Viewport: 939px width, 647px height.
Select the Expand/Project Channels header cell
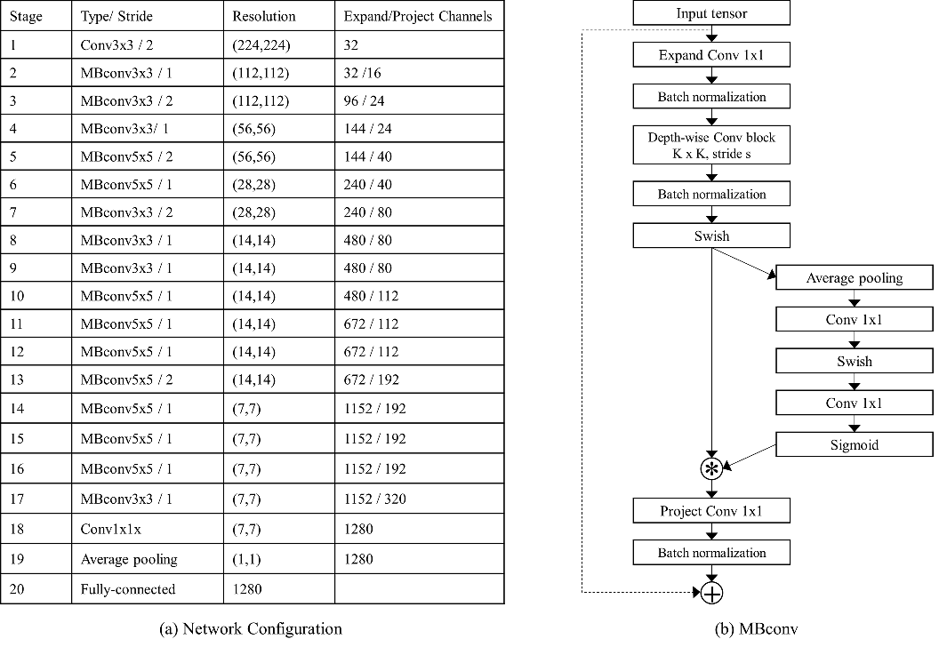(419, 16)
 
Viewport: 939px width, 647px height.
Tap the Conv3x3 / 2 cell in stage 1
(148, 45)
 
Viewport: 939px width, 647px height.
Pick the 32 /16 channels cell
(419, 73)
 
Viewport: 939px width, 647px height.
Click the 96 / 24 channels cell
(419, 100)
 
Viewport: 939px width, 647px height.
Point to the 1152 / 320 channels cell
(419, 499)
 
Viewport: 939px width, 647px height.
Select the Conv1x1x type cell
(148, 529)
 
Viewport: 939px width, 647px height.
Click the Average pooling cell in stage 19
(148, 558)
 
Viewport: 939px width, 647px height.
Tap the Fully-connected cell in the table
(148, 589)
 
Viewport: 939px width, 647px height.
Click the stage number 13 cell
(36, 379)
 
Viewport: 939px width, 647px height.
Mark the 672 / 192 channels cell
(419, 379)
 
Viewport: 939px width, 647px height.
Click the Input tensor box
(711, 13)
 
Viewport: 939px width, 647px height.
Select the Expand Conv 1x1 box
(711, 55)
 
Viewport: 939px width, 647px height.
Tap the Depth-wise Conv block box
(711, 145)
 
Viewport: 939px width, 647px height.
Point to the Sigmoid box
(854, 444)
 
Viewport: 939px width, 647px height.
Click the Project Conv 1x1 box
(711, 510)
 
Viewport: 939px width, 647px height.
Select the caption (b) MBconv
(757, 629)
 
